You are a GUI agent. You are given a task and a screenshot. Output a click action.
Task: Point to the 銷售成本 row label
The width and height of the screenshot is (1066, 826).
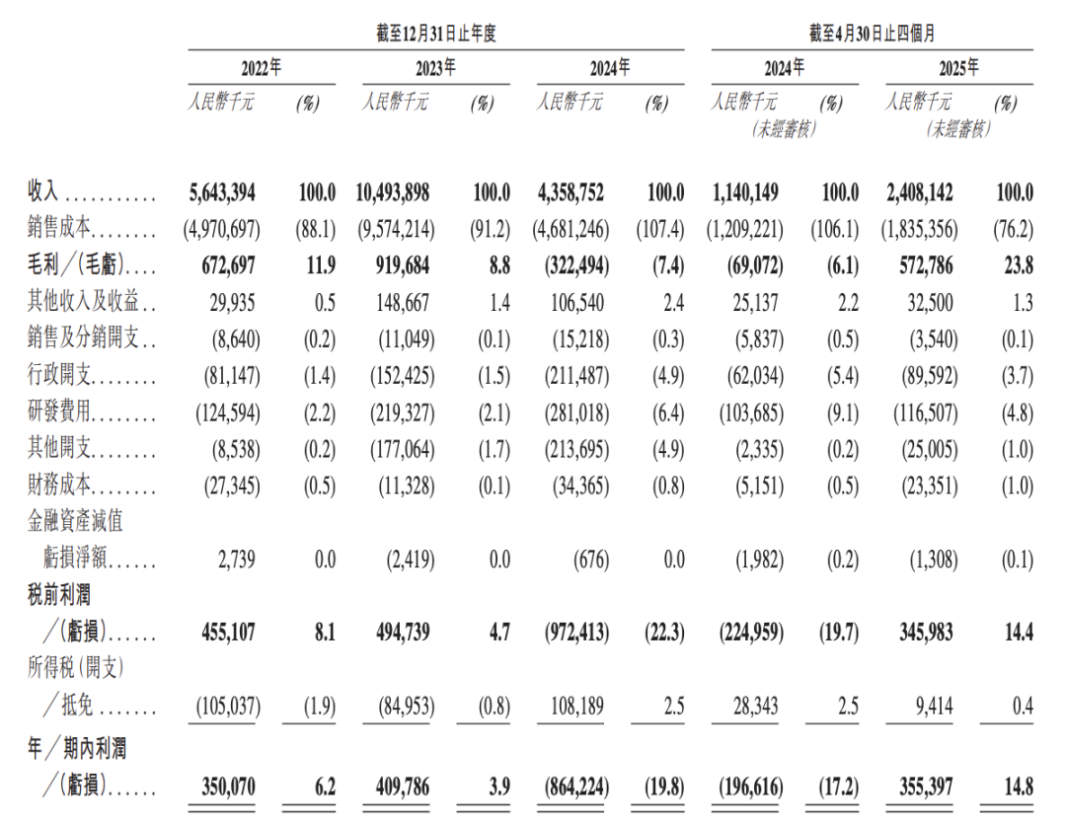[59, 230]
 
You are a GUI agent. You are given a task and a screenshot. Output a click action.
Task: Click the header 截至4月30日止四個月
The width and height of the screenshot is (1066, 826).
[873, 35]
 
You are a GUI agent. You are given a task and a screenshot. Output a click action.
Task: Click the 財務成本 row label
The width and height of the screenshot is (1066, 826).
[59, 486]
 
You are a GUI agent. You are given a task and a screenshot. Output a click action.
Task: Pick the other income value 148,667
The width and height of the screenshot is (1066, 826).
[400, 303]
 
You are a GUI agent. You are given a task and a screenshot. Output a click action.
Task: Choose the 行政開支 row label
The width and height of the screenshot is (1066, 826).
[59, 376]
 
